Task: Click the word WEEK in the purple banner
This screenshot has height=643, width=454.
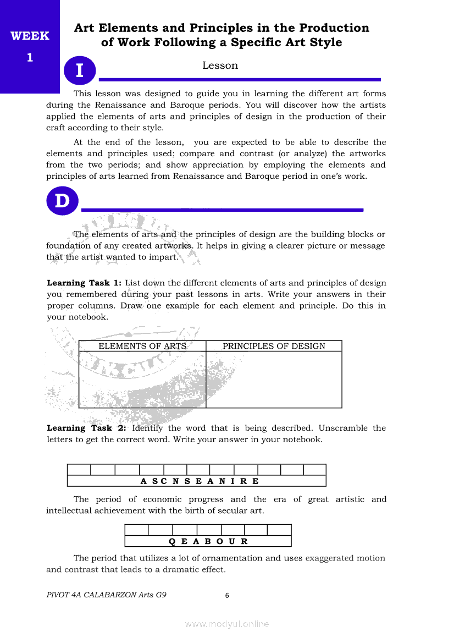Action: pyautogui.click(x=30, y=36)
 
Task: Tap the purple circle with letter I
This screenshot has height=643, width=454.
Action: pyautogui.click(x=80, y=71)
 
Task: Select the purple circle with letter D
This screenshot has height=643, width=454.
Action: pyautogui.click(x=62, y=201)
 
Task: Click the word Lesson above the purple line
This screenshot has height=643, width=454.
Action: pyautogui.click(x=220, y=65)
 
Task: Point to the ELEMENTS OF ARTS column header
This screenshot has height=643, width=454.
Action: pyautogui.click(x=142, y=346)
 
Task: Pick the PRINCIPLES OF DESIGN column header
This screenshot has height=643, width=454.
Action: pyautogui.click(x=274, y=346)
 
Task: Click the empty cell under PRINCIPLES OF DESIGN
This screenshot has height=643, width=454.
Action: pyautogui.click(x=274, y=379)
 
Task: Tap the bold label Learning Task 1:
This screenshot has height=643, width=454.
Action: pyautogui.click(x=84, y=283)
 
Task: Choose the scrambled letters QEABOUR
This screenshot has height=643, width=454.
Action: pyautogui.click(x=208, y=541)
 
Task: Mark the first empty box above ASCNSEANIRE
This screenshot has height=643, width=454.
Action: pyautogui.click(x=79, y=470)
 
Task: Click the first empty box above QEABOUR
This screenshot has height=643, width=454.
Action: pyautogui.click(x=136, y=530)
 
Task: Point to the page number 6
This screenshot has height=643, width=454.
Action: pyautogui.click(x=227, y=595)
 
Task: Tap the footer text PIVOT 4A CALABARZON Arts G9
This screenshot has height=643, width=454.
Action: pyautogui.click(x=107, y=595)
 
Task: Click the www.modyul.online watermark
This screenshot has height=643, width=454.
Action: pyautogui.click(x=227, y=624)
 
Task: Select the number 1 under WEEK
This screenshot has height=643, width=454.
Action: pyautogui.click(x=30, y=57)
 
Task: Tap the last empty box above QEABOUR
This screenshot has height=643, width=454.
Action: pyautogui.click(x=279, y=530)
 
